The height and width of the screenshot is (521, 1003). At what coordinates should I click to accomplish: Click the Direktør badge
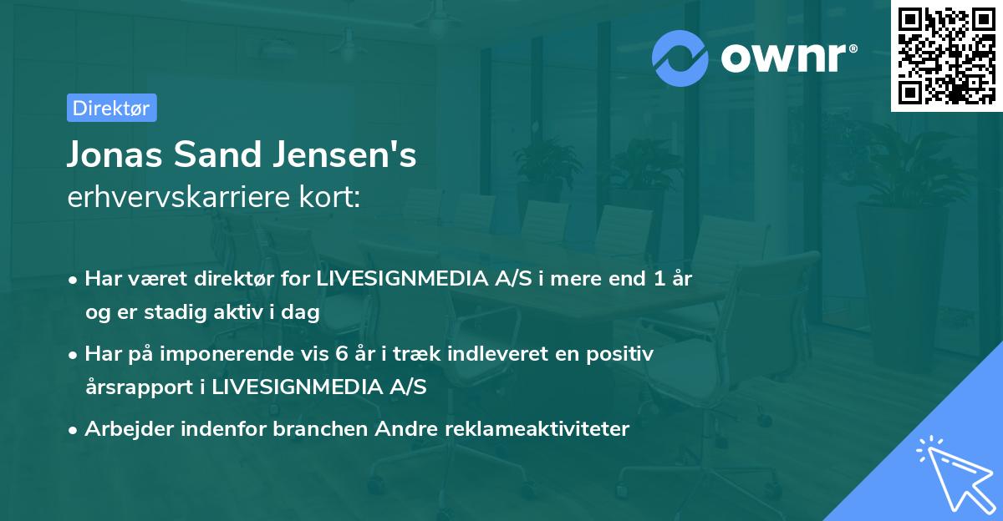tap(111, 108)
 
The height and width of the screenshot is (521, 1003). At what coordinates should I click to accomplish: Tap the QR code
tap(946, 56)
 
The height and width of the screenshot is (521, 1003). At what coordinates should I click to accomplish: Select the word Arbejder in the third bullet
tap(125, 429)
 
